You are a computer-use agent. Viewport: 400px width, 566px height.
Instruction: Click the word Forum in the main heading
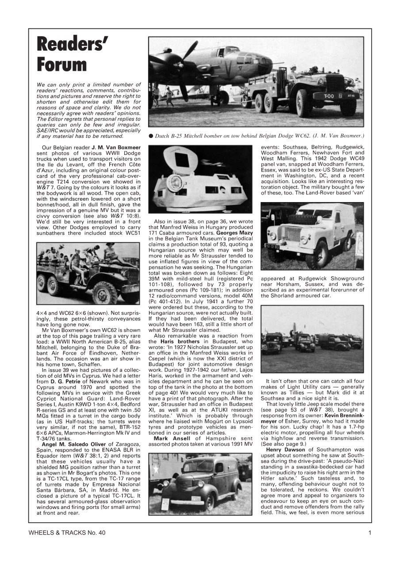[62, 65]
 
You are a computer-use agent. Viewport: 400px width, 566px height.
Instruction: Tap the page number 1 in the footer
[370, 533]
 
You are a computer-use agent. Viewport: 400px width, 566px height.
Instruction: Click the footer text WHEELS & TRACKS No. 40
[67, 533]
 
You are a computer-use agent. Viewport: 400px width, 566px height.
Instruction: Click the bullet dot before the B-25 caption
[151, 135]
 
